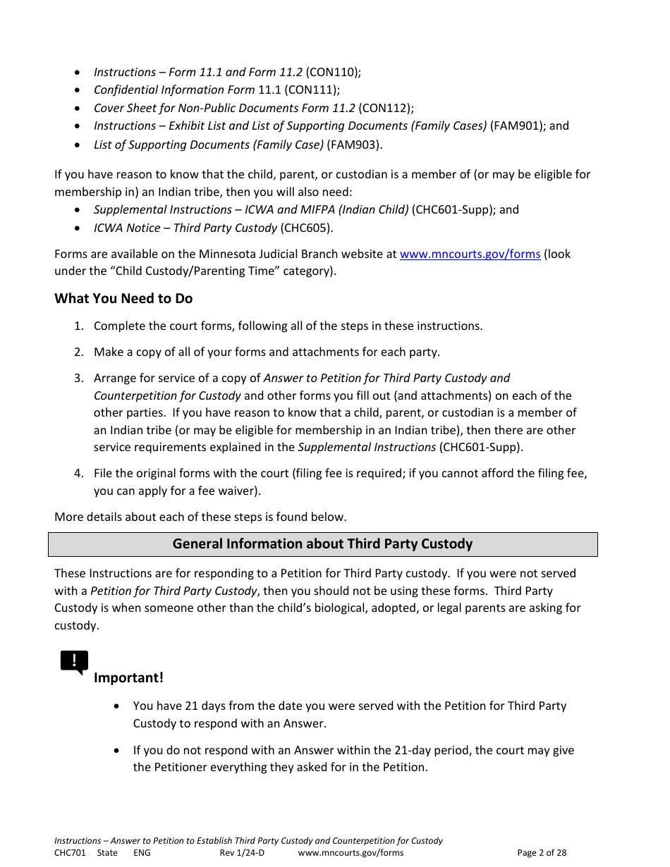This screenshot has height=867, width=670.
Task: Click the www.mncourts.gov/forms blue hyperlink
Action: pos(470,254)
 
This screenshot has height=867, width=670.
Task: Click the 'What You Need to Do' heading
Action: pos(123,299)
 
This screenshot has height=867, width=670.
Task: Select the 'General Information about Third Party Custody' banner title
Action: pos(322,544)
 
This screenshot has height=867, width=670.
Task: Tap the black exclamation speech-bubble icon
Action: pos(74,662)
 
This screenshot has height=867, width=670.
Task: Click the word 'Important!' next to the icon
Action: pos(128,678)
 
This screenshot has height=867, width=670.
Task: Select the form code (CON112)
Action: pos(386,109)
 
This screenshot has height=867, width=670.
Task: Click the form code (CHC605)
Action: pos(307,228)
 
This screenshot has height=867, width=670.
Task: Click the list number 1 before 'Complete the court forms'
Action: pos(79,326)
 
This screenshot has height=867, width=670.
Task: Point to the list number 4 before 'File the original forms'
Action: pos(79,474)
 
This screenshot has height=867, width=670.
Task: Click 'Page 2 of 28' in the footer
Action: pos(542,853)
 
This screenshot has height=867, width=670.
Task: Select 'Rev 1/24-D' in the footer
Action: pos(242,853)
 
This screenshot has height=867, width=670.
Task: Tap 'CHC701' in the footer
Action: pos(70,853)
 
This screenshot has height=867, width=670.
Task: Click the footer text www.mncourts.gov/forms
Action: pos(351,853)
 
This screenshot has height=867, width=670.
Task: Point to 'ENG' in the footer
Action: pos(142,853)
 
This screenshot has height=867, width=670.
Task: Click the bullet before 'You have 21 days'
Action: pos(117,706)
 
